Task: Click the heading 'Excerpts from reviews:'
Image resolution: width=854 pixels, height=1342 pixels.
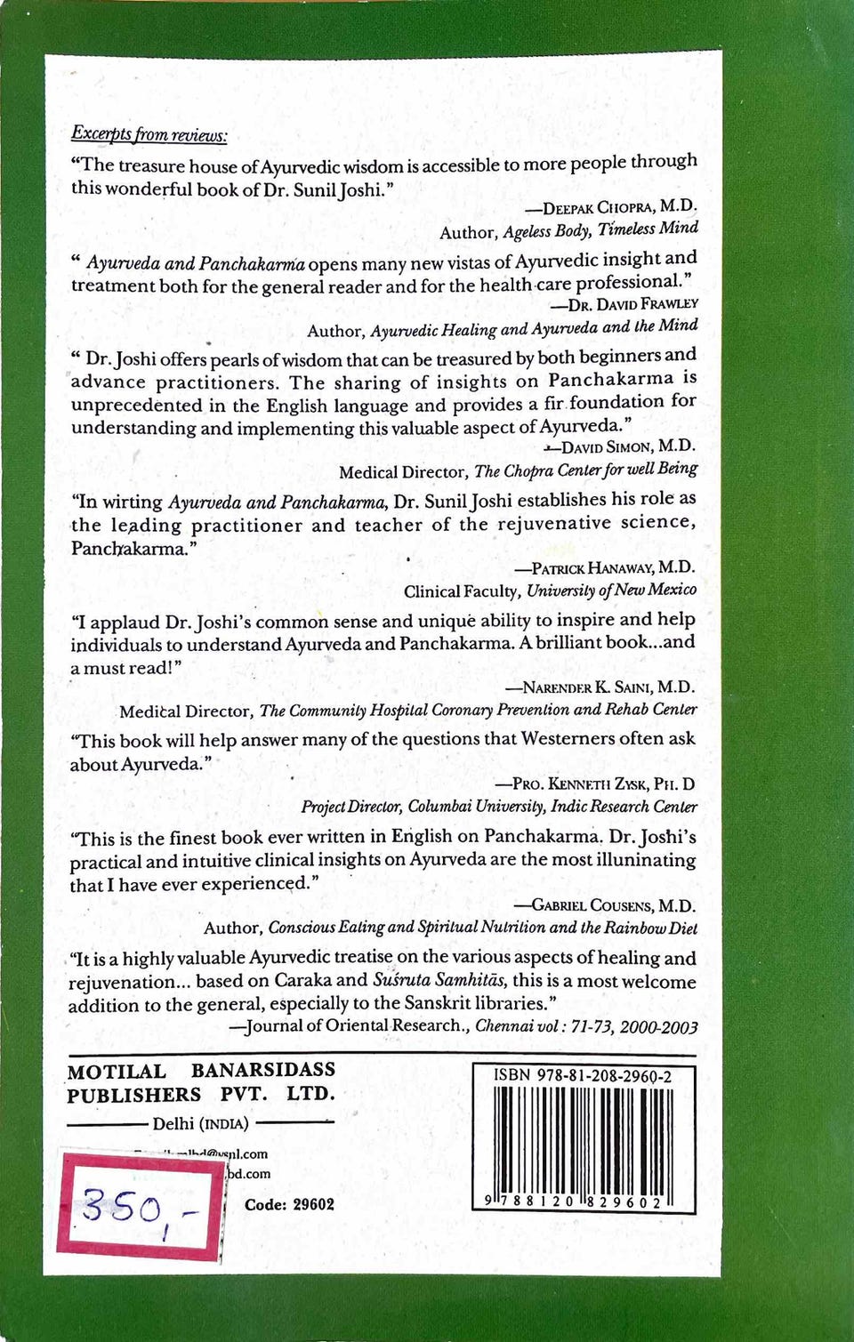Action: (x=149, y=134)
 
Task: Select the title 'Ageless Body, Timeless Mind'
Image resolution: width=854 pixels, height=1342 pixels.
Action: (x=600, y=229)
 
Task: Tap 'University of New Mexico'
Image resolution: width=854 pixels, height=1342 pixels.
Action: (x=612, y=590)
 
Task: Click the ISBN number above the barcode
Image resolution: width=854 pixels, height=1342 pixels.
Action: (x=583, y=1076)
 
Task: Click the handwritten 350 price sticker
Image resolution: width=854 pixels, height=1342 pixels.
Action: (x=140, y=1205)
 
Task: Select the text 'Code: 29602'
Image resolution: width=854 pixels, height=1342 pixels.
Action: (x=289, y=1204)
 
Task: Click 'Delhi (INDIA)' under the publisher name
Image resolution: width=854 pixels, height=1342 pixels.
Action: (x=200, y=1123)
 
